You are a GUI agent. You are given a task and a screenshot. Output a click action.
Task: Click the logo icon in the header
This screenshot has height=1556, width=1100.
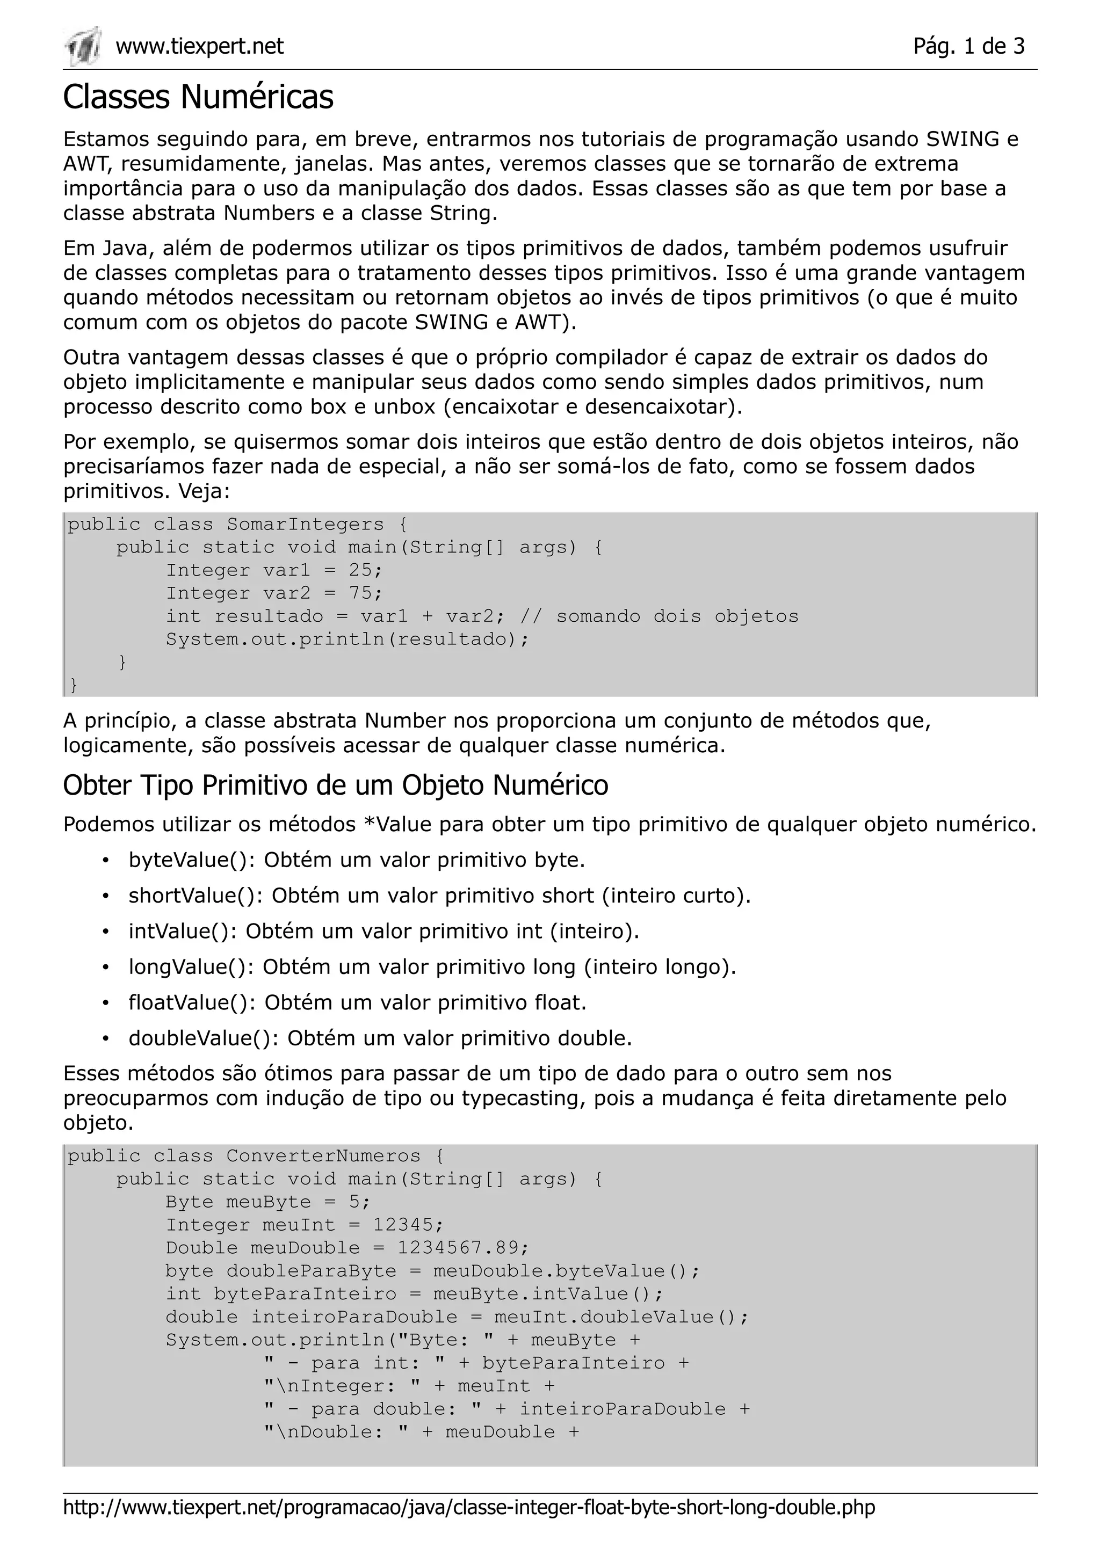tap(83, 46)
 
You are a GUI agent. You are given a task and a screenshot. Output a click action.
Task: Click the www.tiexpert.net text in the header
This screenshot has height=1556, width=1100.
tap(199, 46)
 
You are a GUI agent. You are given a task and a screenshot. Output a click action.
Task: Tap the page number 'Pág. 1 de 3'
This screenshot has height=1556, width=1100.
tap(968, 46)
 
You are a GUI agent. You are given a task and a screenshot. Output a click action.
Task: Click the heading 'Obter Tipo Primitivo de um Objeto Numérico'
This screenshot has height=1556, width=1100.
tap(336, 786)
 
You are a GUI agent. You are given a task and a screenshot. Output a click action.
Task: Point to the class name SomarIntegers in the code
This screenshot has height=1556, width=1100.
tap(305, 525)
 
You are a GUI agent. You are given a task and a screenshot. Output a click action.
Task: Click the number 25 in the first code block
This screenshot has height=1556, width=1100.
tap(360, 570)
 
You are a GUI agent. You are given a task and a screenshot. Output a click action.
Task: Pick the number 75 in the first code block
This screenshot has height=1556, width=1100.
tap(360, 593)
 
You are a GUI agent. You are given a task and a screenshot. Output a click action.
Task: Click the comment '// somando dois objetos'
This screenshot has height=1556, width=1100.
tap(659, 616)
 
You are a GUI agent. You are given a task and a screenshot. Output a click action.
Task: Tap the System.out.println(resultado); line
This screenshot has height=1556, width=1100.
tap(347, 639)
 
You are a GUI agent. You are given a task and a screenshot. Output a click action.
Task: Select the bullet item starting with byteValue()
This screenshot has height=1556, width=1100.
tap(357, 860)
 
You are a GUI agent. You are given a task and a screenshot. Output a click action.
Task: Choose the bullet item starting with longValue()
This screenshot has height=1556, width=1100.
tap(432, 966)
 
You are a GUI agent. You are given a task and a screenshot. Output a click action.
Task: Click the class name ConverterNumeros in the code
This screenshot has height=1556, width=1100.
tap(323, 1156)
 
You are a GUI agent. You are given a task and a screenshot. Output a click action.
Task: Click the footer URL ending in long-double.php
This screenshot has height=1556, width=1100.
tap(469, 1507)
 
